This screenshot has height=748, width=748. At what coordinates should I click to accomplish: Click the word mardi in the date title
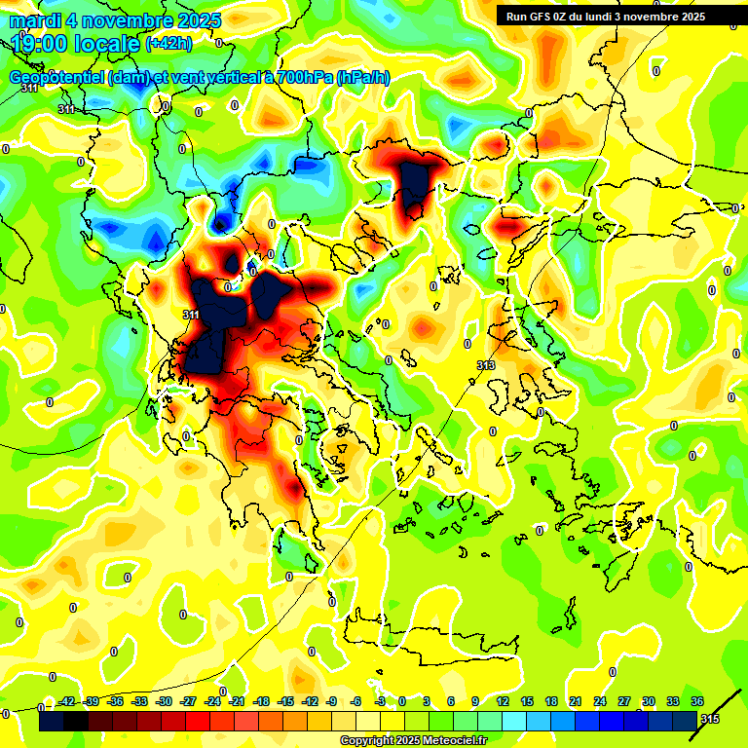(32, 20)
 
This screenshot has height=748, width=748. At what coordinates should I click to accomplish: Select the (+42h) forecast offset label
(168, 43)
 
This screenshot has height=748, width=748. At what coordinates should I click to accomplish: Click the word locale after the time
(105, 42)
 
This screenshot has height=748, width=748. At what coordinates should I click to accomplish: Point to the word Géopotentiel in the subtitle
(56, 77)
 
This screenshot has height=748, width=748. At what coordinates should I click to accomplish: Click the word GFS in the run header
(541, 17)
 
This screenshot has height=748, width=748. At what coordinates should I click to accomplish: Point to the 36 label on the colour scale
(697, 701)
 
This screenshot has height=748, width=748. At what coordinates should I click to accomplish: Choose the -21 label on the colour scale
(237, 701)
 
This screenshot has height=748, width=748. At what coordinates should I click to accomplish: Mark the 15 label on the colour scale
(526, 701)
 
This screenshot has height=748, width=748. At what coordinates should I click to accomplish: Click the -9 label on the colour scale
(332, 701)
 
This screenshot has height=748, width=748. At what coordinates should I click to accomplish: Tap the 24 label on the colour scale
(599, 701)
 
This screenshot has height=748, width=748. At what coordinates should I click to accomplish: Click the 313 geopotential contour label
(486, 364)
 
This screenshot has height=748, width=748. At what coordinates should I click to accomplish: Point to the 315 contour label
(711, 718)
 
